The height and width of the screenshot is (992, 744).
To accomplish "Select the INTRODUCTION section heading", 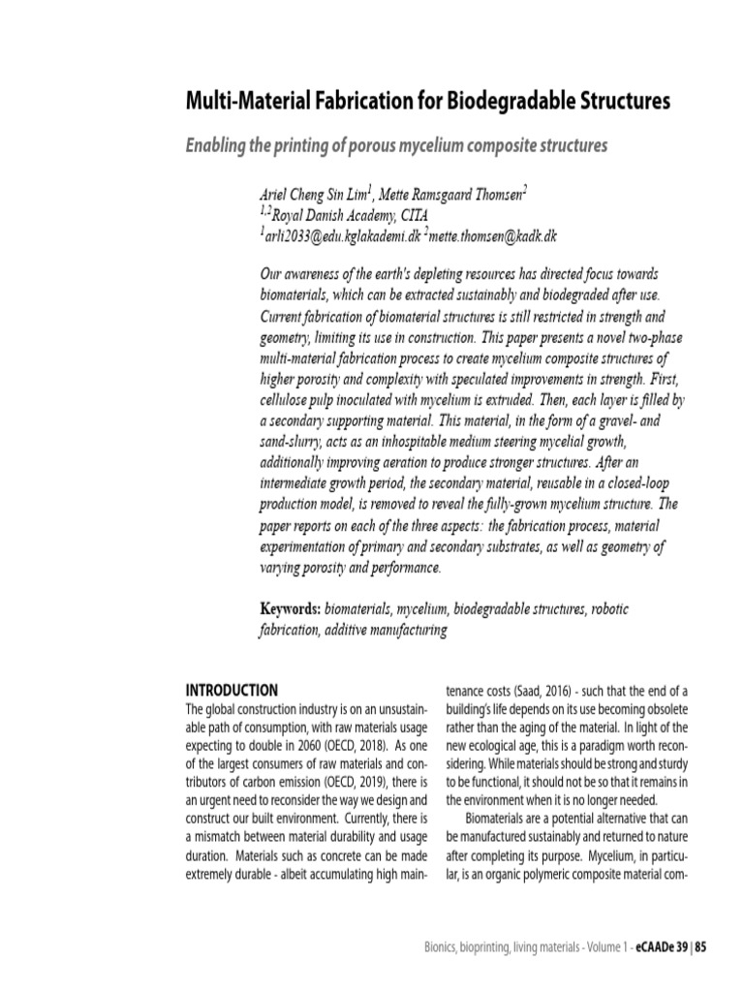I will [232, 690].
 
